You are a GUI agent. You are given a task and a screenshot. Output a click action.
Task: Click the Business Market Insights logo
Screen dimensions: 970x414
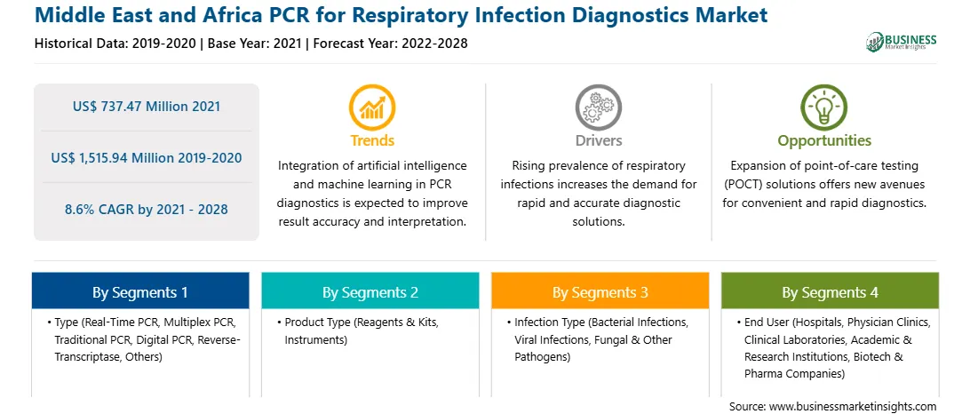click(x=901, y=42)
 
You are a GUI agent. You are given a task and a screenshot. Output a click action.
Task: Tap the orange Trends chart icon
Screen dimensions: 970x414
click(x=372, y=107)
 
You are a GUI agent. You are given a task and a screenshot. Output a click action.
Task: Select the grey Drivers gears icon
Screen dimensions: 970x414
click(x=598, y=107)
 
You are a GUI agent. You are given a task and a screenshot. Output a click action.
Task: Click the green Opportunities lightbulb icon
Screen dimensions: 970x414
click(x=824, y=107)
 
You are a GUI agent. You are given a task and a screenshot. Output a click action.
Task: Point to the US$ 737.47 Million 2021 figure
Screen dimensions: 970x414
click(x=146, y=107)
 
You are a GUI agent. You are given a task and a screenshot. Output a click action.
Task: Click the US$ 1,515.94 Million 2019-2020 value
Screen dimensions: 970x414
click(x=146, y=158)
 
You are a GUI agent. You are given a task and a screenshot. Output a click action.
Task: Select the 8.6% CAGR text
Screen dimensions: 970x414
click(x=146, y=209)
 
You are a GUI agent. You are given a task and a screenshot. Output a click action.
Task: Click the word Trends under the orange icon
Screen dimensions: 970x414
click(x=372, y=140)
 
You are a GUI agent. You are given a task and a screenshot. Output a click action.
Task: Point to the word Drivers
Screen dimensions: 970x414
click(x=598, y=140)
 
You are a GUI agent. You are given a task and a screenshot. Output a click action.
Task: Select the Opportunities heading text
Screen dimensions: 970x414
click(x=824, y=140)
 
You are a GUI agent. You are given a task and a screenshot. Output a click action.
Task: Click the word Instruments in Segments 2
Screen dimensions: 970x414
click(x=316, y=339)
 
